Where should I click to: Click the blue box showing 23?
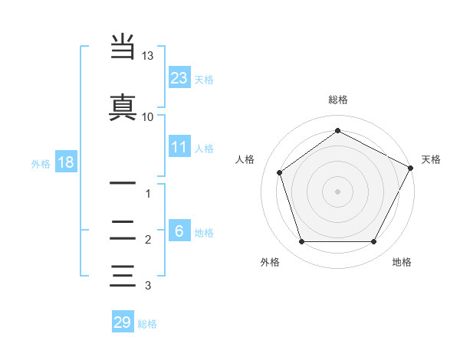coord(179,78)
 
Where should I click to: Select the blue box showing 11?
coord(179,148)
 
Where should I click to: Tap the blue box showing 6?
coord(179,231)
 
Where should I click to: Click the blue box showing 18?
coord(65,162)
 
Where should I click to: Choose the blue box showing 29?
coord(123,322)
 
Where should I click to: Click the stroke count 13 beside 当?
coord(148,56)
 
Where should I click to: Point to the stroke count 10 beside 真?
coord(148,116)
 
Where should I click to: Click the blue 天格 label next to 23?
coord(204,80)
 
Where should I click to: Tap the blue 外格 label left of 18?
coord(41,163)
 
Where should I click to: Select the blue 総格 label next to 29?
coord(147,324)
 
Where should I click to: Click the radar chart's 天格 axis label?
coord(431,159)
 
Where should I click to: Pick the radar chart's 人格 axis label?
coord(245,159)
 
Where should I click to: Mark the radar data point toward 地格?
coord(374,242)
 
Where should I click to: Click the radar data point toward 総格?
coord(337,131)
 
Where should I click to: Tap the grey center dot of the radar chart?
coord(337,191)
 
